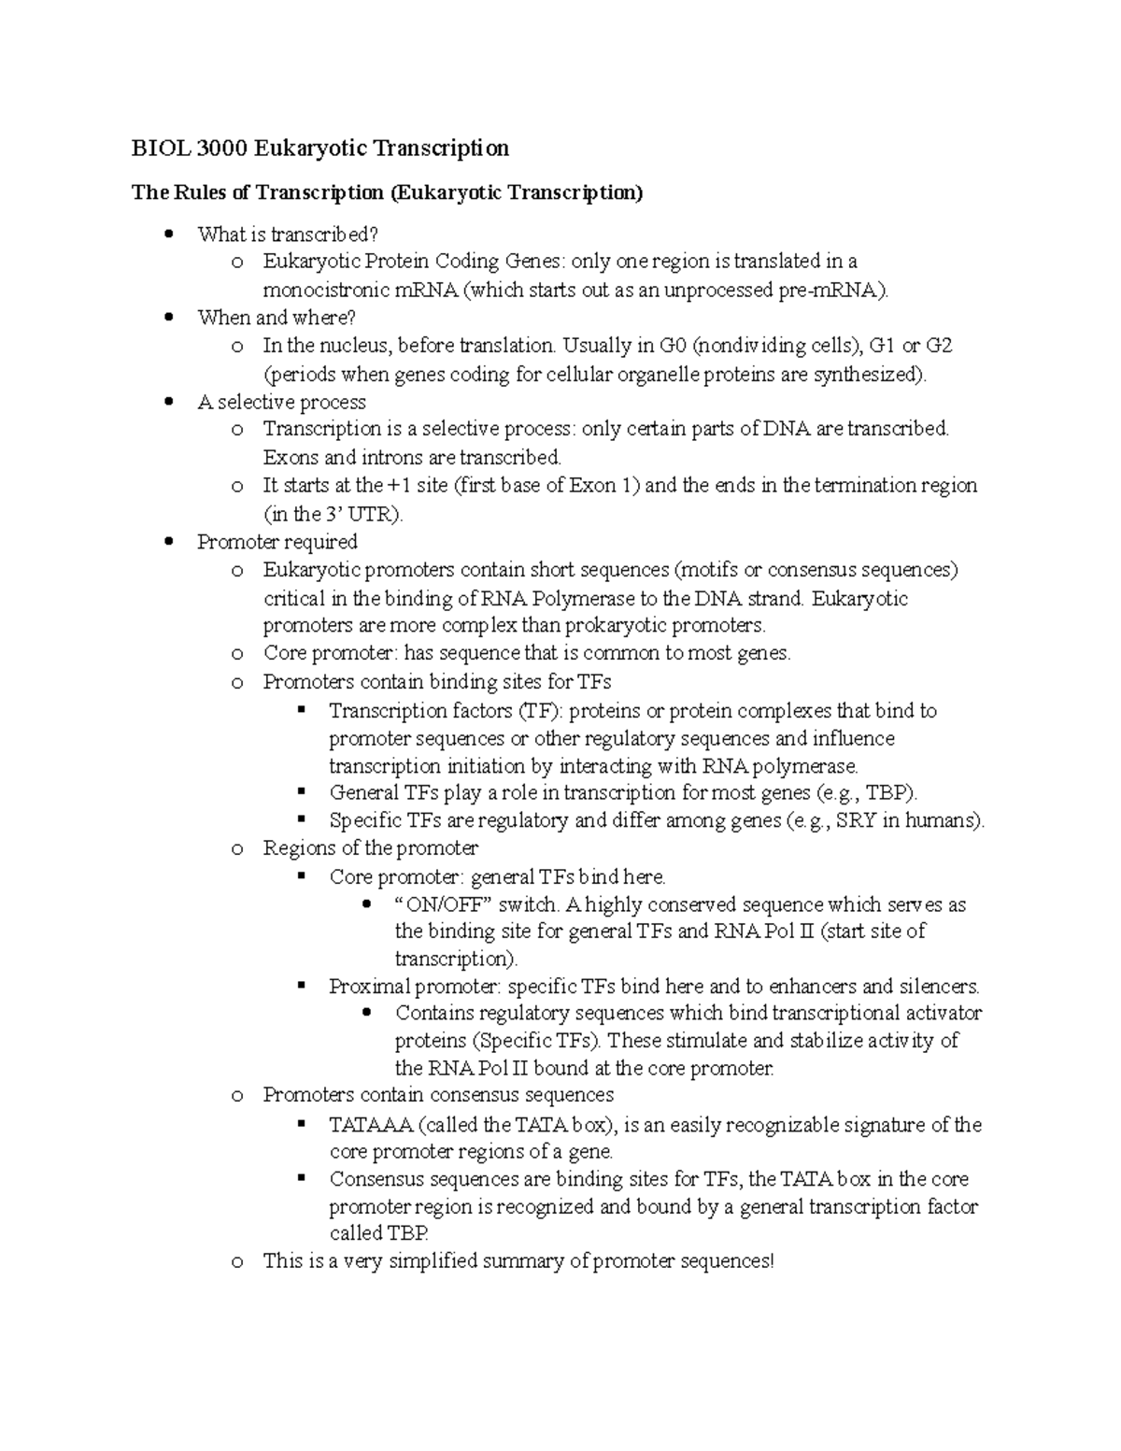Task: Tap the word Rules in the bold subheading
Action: pos(198,192)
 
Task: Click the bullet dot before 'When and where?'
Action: pos(168,318)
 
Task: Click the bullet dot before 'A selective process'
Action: pos(168,402)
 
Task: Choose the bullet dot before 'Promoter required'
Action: pos(168,542)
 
